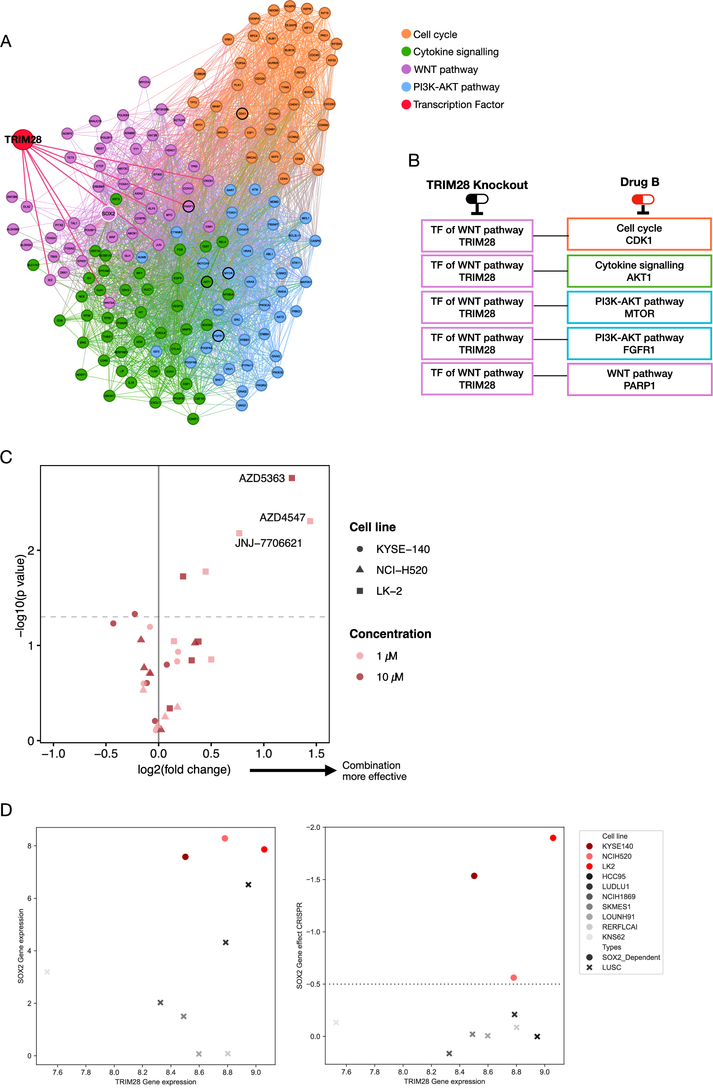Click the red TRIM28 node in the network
tap(22, 139)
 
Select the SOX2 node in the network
tap(108, 214)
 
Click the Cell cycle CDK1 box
tap(639, 234)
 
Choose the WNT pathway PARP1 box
tap(639, 379)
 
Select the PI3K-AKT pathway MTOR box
tap(639, 308)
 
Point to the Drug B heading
tap(640, 182)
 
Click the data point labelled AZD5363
tap(292, 478)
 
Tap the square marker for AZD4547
tap(310, 521)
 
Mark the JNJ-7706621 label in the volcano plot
tap(268, 543)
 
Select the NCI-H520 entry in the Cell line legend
tap(401, 570)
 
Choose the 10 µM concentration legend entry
tap(389, 677)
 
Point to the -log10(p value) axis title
tap(20, 596)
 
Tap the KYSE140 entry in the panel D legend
tap(617, 846)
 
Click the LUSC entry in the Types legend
tap(611, 967)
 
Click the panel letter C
tap(7, 457)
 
